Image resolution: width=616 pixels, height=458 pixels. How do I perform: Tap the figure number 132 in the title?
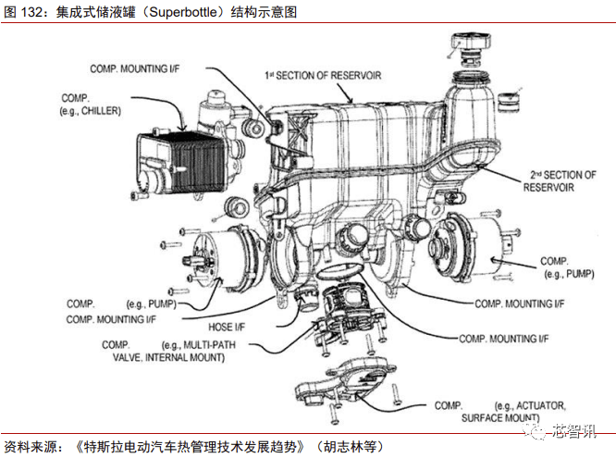[32, 13]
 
